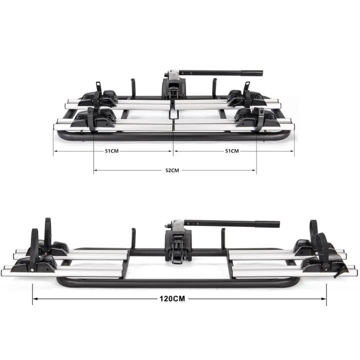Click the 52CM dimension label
coord(172,170)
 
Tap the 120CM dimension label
coord(172,298)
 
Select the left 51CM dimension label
coord(112,151)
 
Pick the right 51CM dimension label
coord(232,151)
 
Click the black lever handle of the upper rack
coord(221,73)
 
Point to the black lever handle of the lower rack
coord(232,223)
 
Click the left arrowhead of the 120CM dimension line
coord(35,298)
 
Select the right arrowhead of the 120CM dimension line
coord(323,298)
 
